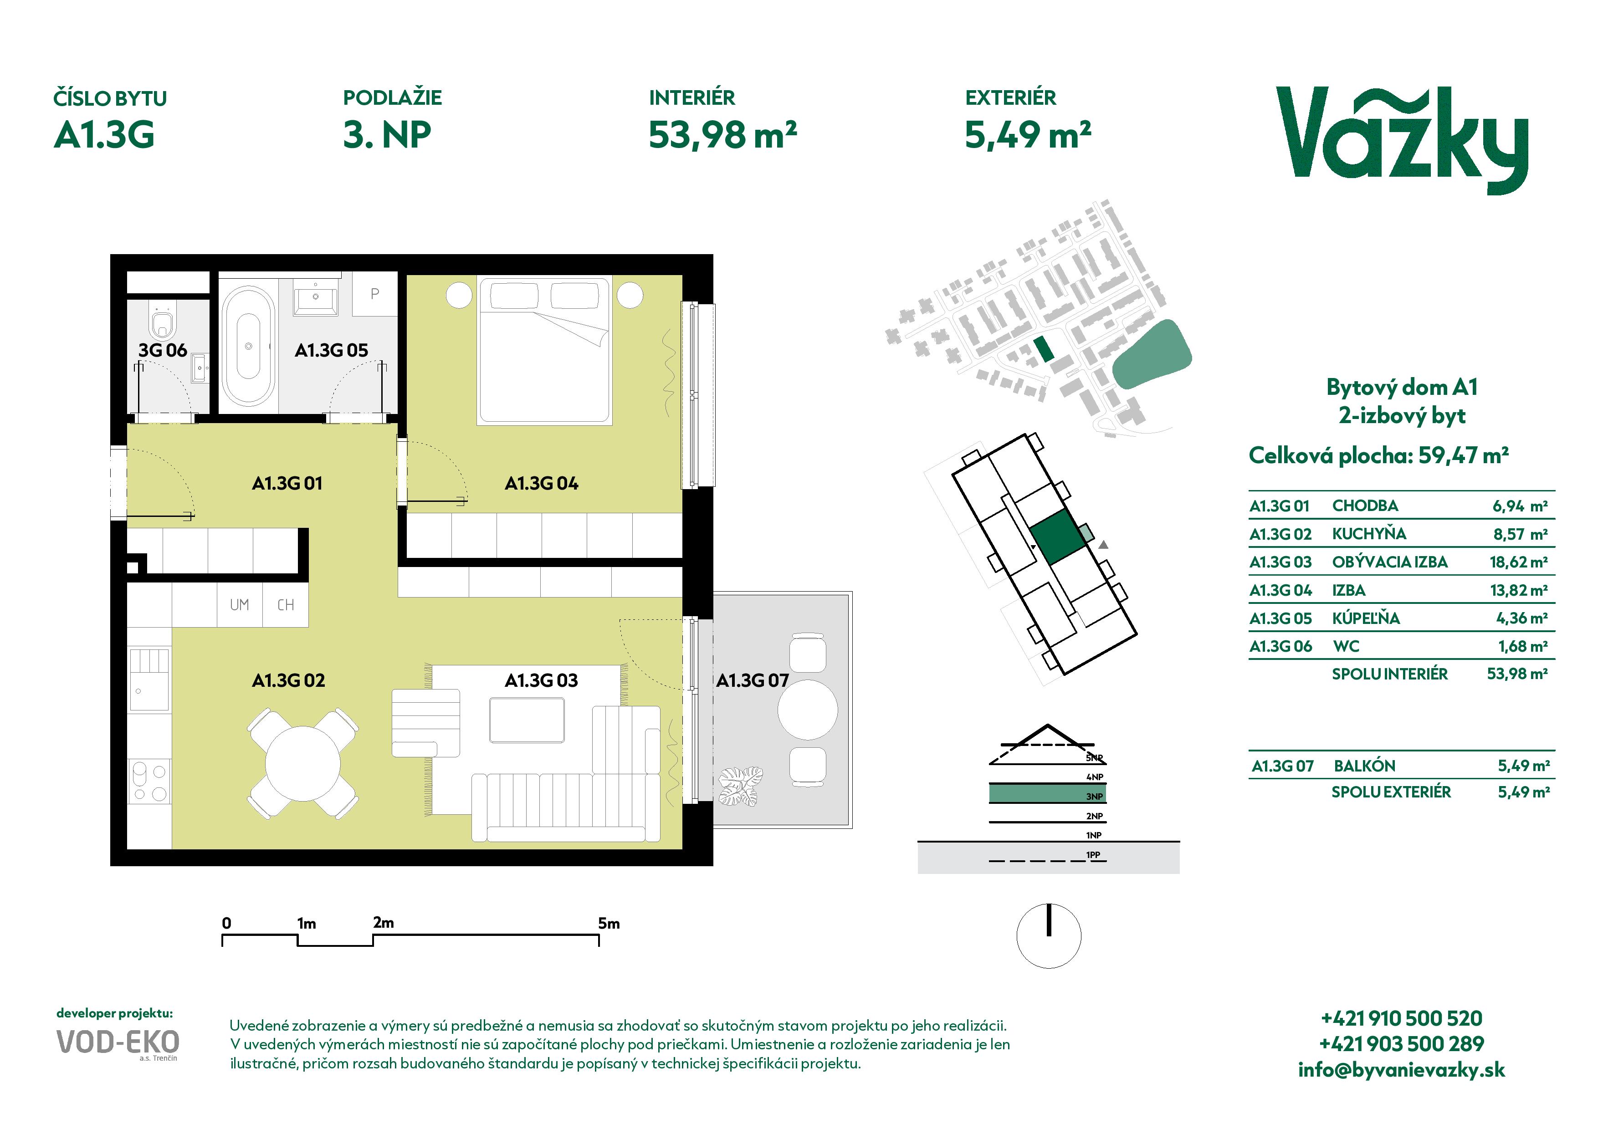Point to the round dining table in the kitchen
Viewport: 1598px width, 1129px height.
(x=303, y=762)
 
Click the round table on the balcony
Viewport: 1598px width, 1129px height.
(x=807, y=710)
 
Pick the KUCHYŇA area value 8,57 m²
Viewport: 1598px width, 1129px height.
(x=1520, y=534)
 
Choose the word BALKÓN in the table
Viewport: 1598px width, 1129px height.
(x=1364, y=766)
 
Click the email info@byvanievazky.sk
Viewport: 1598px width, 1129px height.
(x=1402, y=1070)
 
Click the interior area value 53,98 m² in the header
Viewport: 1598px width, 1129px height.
(x=722, y=135)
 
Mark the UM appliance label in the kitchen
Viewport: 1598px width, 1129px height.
(x=240, y=604)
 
